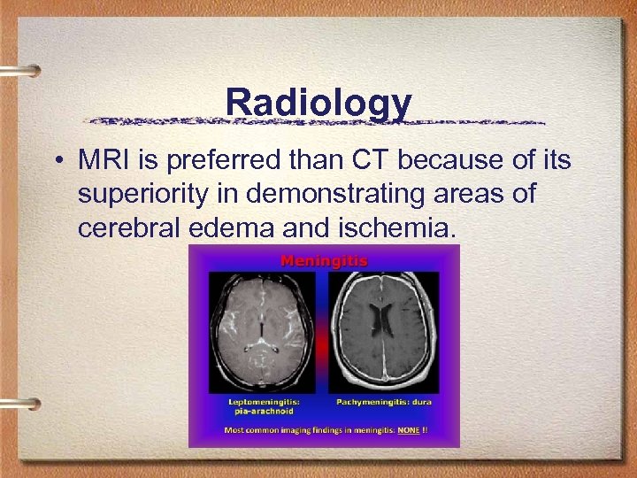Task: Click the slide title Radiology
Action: click(318, 103)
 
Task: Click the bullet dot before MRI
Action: click(56, 162)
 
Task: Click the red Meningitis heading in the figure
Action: click(324, 260)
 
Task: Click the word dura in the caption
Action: click(421, 401)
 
